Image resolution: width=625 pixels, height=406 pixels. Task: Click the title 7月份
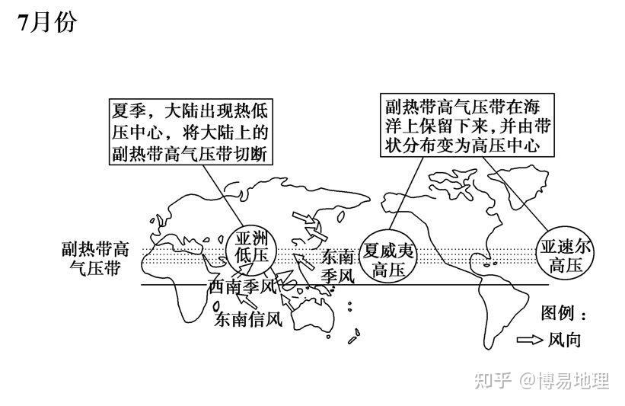point(47,23)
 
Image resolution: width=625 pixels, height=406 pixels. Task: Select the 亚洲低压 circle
point(249,246)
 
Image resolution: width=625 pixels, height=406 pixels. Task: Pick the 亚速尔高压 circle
point(565,254)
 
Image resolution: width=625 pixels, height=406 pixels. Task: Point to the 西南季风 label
point(241,287)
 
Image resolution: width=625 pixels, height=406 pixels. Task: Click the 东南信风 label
point(248,319)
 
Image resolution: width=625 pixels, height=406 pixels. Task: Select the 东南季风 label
point(337,266)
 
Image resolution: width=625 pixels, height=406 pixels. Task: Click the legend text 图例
point(564,313)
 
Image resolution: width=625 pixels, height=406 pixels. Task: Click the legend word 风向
point(564,340)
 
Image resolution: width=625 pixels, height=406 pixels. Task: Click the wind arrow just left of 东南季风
point(304,264)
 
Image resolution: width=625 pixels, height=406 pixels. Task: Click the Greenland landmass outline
point(457,183)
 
